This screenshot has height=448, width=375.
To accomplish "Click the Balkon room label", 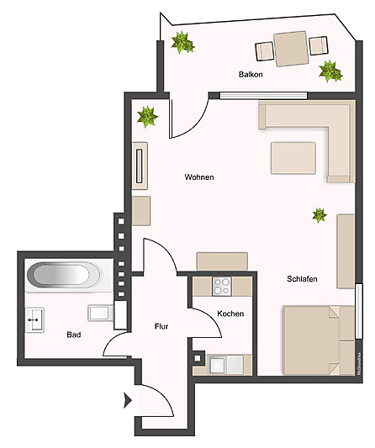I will coord(251,75).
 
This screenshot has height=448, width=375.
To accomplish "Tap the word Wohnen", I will coord(199,177).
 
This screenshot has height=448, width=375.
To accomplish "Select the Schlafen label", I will coord(300,279).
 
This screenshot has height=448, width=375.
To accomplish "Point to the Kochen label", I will coord(230,314).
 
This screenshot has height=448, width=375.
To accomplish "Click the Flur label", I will coord(163,326).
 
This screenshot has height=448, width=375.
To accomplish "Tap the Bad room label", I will coord(74,335).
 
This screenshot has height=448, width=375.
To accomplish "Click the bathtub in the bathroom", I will coord(63,276).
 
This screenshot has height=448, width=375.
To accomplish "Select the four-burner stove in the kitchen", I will coord(222,287).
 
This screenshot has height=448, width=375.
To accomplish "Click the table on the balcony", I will coord(290,48).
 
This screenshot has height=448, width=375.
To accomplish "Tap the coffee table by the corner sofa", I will coord(293,157).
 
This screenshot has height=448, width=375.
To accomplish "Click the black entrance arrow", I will coord(128,401).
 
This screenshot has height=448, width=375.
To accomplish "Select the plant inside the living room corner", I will coord(148,116).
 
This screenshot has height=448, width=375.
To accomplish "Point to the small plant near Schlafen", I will coord(320,215).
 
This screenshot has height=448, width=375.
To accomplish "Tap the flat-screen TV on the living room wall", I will coord(140,166).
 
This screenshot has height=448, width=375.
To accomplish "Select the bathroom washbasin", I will coord(35,319).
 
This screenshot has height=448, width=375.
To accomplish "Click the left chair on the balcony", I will coord(265,52).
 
